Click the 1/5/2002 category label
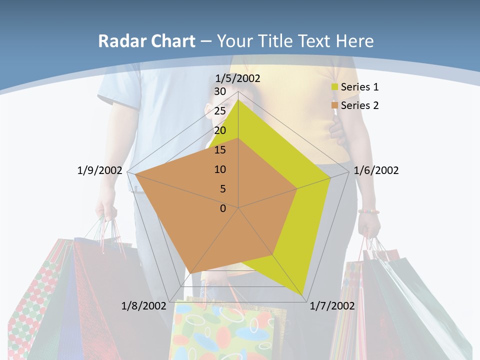(238, 78)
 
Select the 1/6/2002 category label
(376, 170)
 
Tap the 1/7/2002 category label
(332, 305)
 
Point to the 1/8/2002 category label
(144, 305)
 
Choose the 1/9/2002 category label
(100, 170)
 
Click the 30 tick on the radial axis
(220, 91)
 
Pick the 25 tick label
(220, 111)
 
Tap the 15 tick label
(220, 150)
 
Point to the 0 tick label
(223, 208)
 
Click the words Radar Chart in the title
(146, 41)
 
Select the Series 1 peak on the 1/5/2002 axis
(238, 100)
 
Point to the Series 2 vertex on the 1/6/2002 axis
(297, 189)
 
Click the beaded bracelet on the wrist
(368, 211)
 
